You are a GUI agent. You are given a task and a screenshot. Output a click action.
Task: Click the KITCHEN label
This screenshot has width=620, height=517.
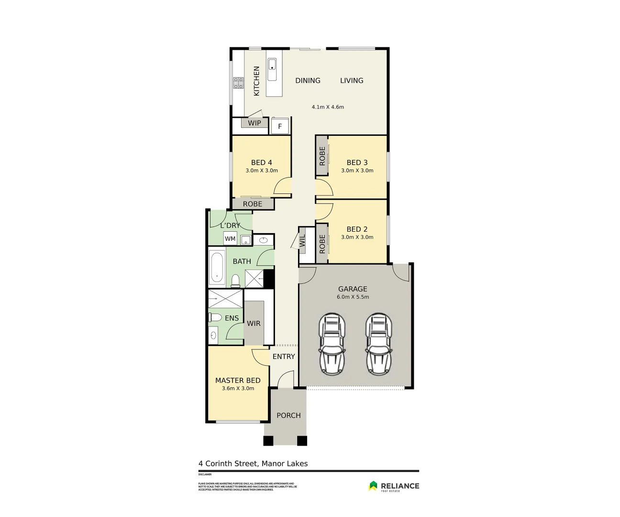pos(256,81)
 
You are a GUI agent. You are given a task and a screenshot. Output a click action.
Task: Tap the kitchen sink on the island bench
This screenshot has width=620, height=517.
pos(272,69)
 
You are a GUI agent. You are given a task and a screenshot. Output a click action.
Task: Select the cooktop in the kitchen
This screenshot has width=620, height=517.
pos(238,83)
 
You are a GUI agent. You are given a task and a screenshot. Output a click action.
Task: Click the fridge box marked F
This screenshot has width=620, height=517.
pos(280,126)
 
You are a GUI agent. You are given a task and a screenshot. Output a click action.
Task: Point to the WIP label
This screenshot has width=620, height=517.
pos(255,123)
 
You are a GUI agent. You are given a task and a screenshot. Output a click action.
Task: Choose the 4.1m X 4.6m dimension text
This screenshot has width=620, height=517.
pos(328,107)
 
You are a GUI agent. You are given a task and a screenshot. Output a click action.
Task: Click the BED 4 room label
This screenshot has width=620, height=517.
pos(261,163)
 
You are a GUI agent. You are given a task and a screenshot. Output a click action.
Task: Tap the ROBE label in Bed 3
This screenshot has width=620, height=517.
pos(322,156)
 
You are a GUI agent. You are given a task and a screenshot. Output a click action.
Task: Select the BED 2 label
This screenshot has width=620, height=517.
pos(357,229)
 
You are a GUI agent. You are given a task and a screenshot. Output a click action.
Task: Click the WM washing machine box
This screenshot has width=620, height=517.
pos(230,238)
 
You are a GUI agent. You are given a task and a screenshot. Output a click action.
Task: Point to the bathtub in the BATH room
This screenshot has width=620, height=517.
pos(217,268)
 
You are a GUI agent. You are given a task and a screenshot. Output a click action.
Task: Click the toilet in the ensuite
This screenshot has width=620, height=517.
pos(215,317)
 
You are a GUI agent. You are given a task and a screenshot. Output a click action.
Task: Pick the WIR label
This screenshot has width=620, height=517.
pos(254,324)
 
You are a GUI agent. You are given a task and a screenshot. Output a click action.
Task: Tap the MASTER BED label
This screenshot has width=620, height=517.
pos(238,381)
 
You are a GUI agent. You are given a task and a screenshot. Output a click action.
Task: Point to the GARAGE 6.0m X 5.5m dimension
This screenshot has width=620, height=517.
pos(353,297)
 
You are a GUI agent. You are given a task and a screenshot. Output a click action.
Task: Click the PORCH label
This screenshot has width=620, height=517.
pos(288,416)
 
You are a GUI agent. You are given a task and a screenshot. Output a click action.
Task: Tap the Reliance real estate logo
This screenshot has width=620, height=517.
pos(394,486)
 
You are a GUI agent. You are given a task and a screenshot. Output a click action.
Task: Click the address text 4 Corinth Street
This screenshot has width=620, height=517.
pos(253,463)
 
